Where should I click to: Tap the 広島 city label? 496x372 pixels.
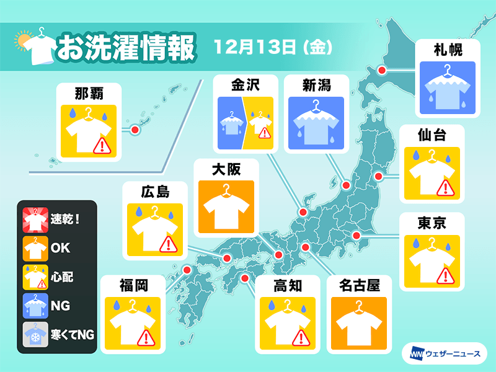pyautogui.click(x=154, y=190)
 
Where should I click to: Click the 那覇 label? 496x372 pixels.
pyautogui.click(x=87, y=94)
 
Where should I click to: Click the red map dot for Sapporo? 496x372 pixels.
pyautogui.click(x=382, y=71)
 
